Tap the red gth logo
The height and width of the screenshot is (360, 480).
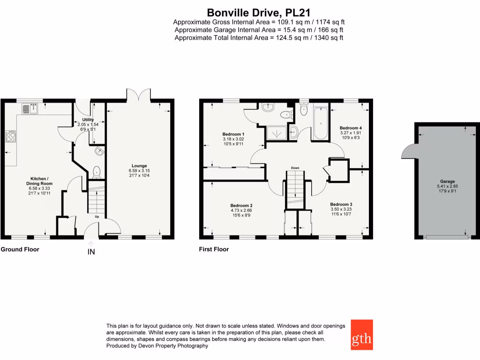pos(361,335)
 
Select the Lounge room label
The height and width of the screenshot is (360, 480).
pos(139,166)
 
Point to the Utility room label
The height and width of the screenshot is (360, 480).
pos(88,120)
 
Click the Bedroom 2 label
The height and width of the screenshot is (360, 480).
pos(241,205)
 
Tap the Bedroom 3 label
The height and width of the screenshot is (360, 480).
pos(341,204)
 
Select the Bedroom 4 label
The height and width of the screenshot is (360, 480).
pos(351,128)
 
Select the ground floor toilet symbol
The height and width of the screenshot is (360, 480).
pos(97,172)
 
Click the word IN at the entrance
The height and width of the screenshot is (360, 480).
pos(91,253)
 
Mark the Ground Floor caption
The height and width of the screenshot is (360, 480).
pos(20,249)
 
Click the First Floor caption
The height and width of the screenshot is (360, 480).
pos(214,249)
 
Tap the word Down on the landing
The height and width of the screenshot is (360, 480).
pos(295,167)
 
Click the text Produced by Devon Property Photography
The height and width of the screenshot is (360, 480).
pos(157,346)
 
